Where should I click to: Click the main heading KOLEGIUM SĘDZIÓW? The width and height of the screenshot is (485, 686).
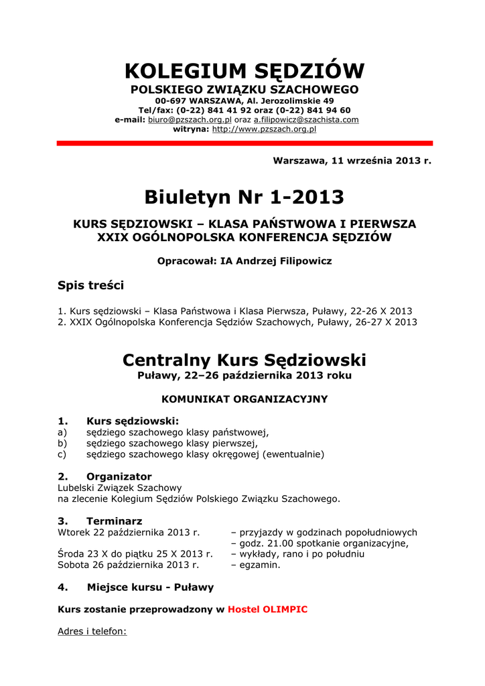pos(245,70)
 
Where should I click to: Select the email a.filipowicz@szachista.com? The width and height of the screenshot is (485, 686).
pos(306,119)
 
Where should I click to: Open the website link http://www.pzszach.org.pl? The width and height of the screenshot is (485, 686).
pos(264,129)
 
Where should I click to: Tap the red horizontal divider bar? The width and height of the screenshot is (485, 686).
pos(245,143)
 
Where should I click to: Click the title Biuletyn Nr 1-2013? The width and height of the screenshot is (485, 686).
pos(245,197)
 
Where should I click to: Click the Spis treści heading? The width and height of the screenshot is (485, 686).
pos(91,285)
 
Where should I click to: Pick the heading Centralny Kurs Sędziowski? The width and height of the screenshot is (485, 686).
pos(245,360)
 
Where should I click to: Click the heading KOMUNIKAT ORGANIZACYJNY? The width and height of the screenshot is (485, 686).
pos(245,399)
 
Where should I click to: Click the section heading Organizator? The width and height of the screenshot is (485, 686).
pos(119,476)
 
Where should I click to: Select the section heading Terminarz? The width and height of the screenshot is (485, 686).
pos(115,521)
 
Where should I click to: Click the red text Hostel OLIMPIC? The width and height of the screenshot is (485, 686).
pos(267,610)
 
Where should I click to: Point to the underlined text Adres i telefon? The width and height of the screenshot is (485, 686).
pos(92,631)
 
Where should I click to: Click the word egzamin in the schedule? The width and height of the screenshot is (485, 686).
pos(259,565)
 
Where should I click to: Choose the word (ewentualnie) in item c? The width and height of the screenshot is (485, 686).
pos(293,454)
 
